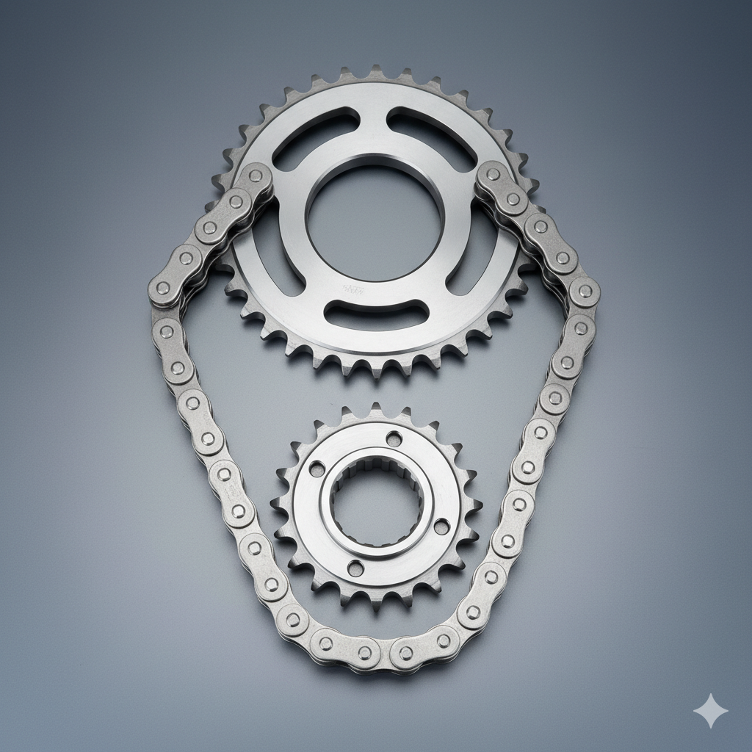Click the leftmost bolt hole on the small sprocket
(x=317, y=469)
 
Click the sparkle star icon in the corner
(x=711, y=711)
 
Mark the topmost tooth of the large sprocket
(x=376, y=71)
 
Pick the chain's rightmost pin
(x=585, y=292)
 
